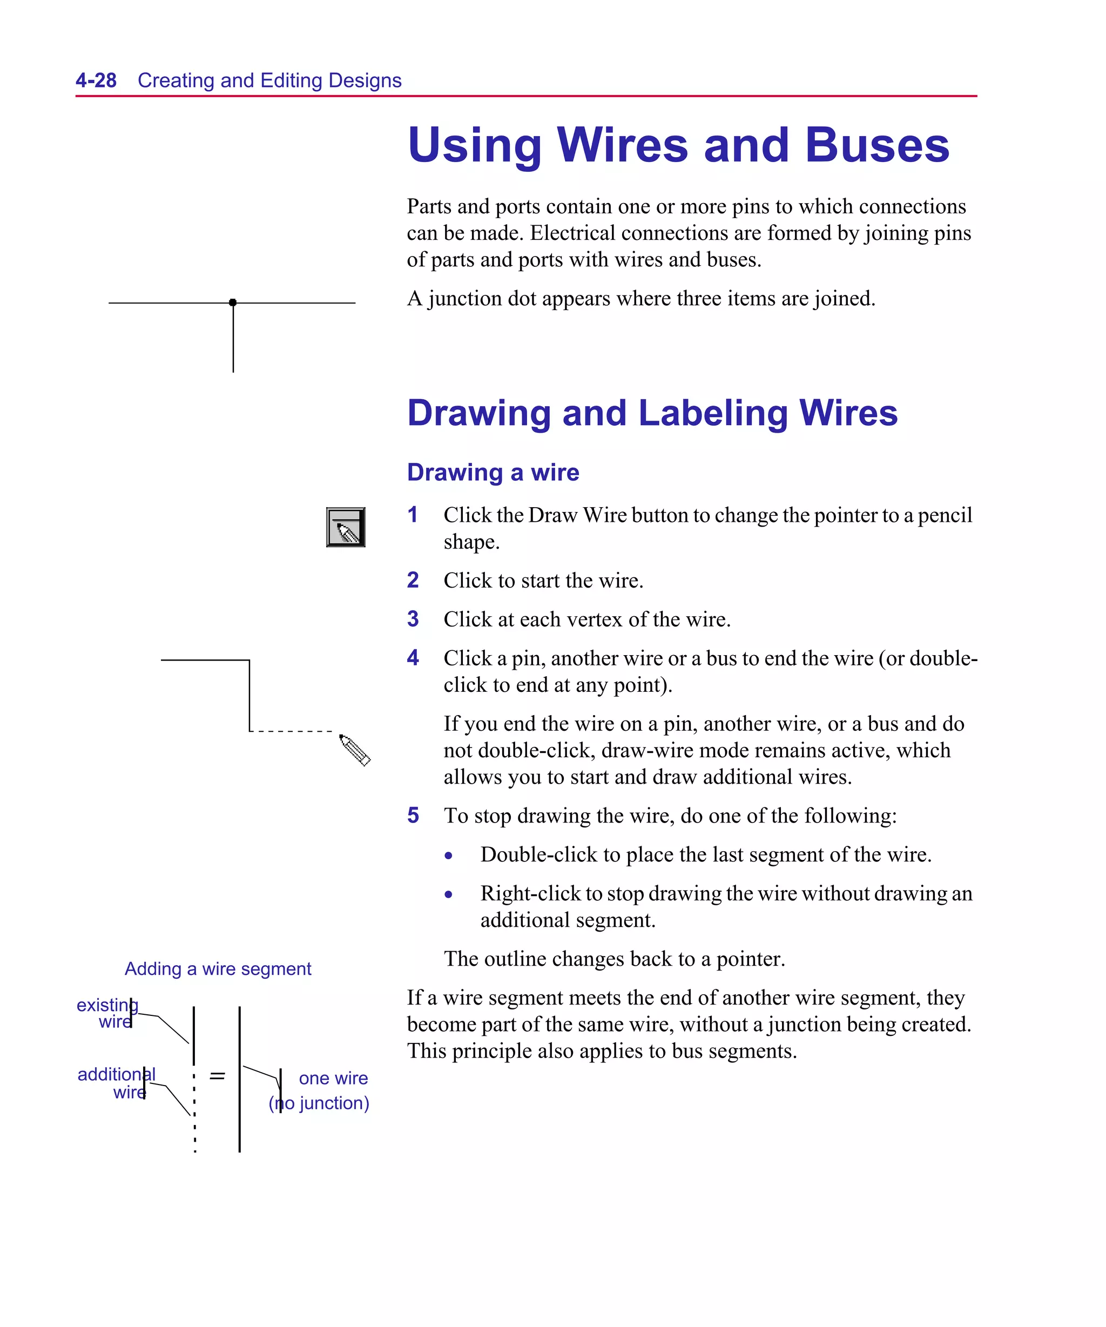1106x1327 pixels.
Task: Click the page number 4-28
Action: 96,80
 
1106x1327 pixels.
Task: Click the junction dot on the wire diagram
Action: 233,302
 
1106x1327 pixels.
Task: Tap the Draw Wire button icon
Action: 346,527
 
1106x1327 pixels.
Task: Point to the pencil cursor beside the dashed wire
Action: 355,750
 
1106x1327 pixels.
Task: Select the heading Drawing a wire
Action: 493,473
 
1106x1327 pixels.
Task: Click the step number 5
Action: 413,815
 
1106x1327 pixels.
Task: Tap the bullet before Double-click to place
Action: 449,856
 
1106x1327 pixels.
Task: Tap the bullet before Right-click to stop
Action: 449,894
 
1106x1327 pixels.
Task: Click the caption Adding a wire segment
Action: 218,969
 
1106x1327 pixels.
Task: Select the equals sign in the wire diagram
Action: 218,1075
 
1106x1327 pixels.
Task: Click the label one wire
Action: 333,1078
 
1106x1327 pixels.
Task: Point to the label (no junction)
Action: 319,1103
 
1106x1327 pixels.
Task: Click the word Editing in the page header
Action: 291,80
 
